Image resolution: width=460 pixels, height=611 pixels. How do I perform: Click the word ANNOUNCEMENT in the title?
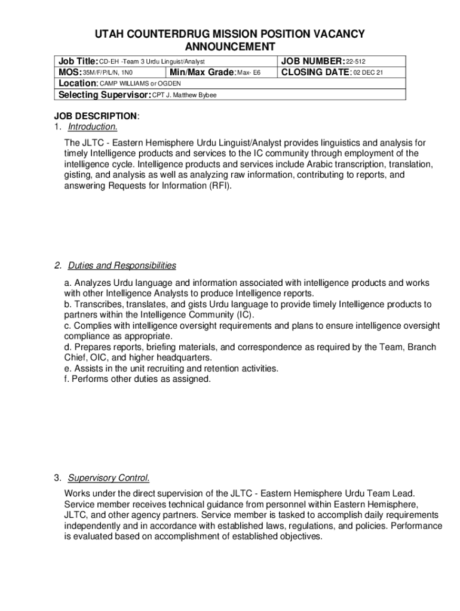coord(230,47)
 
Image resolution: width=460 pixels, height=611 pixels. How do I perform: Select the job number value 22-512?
coord(357,61)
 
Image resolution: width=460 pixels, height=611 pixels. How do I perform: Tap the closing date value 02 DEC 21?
coord(368,73)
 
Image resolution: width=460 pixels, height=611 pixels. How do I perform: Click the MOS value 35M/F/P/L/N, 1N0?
coord(107,73)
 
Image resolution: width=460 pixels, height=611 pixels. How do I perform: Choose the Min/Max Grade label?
coord(203,73)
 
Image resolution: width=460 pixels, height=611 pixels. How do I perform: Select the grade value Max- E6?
coord(249,73)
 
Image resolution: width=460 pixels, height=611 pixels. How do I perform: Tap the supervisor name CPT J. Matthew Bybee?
coord(185,95)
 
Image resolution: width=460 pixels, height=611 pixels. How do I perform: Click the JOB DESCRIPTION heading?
coord(96,116)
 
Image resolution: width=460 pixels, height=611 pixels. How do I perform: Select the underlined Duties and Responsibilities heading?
coord(122,266)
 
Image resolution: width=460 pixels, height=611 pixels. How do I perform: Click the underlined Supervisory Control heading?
coord(109,478)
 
